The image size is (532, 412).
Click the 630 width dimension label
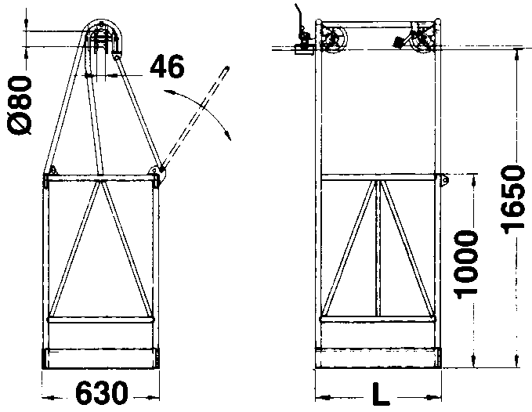tap(101, 393)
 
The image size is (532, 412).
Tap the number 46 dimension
tap(167, 67)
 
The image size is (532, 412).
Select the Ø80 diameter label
tap(20, 105)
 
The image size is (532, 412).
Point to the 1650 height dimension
tap(512, 200)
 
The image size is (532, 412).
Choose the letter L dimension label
tap(380, 394)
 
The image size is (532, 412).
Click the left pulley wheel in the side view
tap(334, 39)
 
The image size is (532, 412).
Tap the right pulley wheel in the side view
tap(423, 40)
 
